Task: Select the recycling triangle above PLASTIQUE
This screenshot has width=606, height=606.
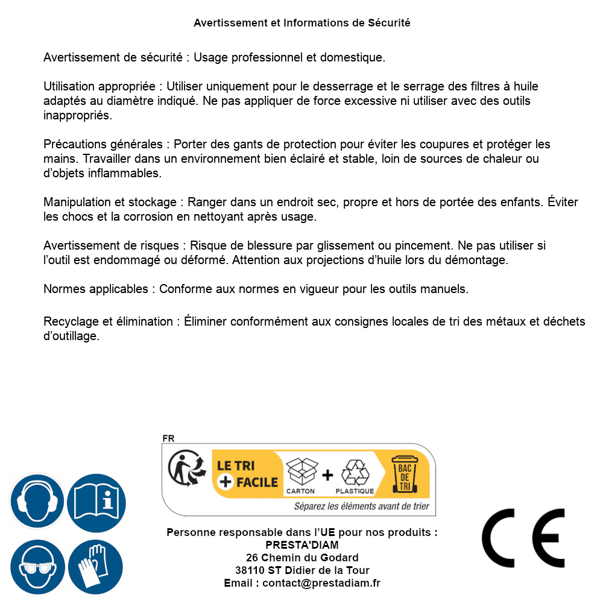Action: (355, 472)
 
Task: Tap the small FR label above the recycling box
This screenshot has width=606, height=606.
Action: (168, 438)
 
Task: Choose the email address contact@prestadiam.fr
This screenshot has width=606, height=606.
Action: (321, 583)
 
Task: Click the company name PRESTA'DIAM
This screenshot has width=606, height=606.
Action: (302, 545)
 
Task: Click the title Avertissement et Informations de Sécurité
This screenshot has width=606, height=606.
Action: (302, 23)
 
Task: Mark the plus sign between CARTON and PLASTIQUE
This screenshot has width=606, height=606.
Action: (327, 475)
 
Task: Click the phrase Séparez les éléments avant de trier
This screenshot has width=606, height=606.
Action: (361, 507)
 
